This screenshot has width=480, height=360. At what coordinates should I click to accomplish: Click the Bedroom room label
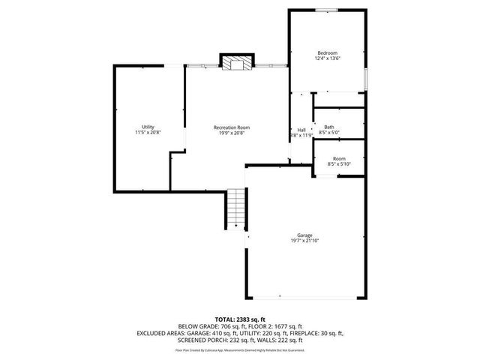[327, 52]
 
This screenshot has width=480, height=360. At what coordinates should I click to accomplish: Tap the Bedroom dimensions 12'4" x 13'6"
[327, 58]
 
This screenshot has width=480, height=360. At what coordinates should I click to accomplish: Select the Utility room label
[148, 127]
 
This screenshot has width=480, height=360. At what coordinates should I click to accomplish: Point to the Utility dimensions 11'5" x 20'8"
[148, 133]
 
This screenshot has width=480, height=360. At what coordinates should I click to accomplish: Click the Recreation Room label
[231, 127]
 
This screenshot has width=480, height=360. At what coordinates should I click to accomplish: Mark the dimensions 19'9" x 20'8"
[231, 133]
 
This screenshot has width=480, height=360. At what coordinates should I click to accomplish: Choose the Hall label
[301, 130]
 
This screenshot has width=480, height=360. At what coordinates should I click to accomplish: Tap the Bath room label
[329, 127]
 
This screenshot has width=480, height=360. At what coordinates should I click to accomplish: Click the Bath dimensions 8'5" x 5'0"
[329, 133]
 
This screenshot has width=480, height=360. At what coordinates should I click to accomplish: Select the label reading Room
[339, 158]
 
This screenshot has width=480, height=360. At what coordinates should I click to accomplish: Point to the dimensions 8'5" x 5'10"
[339, 164]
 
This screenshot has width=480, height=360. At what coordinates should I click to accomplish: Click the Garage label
[304, 235]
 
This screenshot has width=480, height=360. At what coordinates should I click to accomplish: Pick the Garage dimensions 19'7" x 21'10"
[304, 241]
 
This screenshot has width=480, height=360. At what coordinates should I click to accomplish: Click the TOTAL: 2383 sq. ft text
[240, 319]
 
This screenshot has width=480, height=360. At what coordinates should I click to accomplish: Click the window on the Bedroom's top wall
[325, 10]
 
